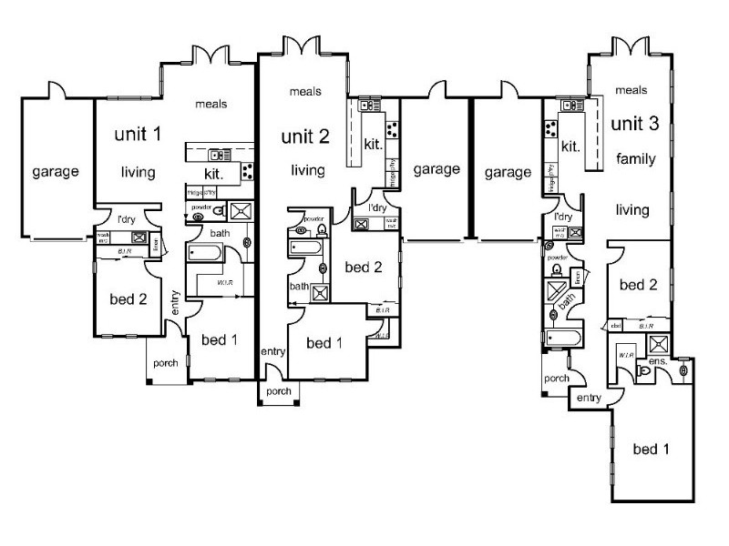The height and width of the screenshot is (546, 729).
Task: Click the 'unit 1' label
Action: click(138, 135)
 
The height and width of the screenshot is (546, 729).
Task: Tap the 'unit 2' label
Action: click(306, 136)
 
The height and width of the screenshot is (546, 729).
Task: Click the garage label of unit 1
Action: click(56, 170)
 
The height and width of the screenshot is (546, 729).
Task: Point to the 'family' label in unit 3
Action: click(635, 159)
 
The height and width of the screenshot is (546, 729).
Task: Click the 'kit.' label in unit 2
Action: click(373, 145)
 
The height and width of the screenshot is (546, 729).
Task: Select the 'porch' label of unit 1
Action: click(165, 362)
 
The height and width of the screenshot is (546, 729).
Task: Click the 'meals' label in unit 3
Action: click(631, 90)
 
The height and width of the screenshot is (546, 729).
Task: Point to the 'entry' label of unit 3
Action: click(589, 397)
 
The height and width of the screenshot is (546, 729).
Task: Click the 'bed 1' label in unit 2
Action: click(323, 343)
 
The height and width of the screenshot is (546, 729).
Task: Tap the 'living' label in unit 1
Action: click(137, 172)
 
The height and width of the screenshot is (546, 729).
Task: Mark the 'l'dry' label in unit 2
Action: click(378, 207)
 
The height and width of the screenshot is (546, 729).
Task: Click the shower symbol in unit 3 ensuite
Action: click(658, 344)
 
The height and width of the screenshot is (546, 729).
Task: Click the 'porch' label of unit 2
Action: click(278, 392)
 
